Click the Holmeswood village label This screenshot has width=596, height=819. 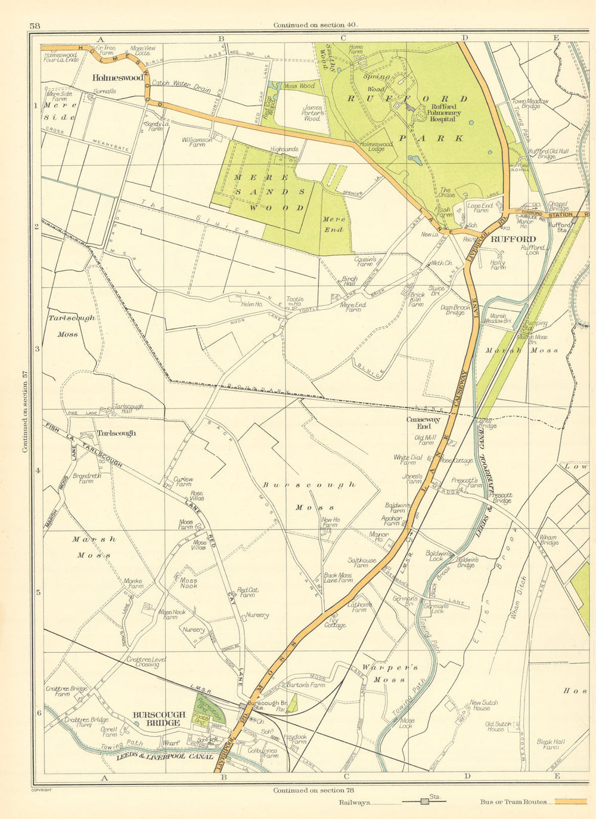tap(117, 78)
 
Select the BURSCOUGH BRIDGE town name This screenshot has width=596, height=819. tap(156, 719)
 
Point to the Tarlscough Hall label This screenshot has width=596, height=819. tap(128, 409)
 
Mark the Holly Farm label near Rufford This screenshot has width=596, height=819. tap(498, 265)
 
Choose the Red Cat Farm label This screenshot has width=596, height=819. tap(246, 592)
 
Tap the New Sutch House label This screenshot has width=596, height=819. tap(483, 705)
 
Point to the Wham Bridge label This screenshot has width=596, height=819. tap(548, 540)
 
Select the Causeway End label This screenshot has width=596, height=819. tap(423, 422)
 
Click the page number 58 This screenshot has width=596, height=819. tap(34, 26)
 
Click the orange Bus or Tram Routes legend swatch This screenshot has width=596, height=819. tap(570, 802)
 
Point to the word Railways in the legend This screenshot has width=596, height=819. tap(354, 802)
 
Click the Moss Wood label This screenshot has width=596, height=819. tap(299, 86)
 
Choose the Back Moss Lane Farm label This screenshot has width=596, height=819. tap(337, 578)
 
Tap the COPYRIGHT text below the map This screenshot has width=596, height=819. tap(41, 790)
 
